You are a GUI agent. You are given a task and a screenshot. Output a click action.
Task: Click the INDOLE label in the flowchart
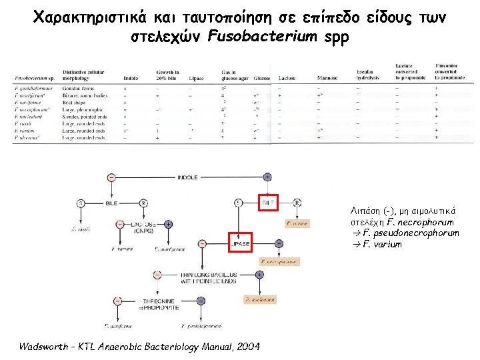pyautogui.click(x=187, y=177)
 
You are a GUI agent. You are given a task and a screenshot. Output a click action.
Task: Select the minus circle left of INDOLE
pyautogui.click(x=111, y=177)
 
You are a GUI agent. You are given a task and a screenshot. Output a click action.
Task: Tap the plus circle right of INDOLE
pyautogui.click(x=267, y=177)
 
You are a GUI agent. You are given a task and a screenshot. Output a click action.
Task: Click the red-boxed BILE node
pyautogui.click(x=268, y=201)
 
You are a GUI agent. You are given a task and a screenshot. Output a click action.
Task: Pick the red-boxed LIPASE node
pyautogui.click(x=240, y=245)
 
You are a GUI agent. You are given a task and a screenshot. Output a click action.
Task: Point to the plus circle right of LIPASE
pyautogui.click(x=267, y=245)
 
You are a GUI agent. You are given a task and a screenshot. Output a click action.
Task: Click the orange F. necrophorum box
pyautogui.click(x=279, y=262)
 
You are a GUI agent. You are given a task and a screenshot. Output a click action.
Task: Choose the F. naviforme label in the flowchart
pyautogui.click(x=117, y=326)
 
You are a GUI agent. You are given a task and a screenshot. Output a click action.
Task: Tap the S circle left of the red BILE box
pyautogui.click(x=239, y=202)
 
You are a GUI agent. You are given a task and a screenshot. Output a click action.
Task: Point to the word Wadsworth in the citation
pyautogui.click(x=45, y=347)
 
